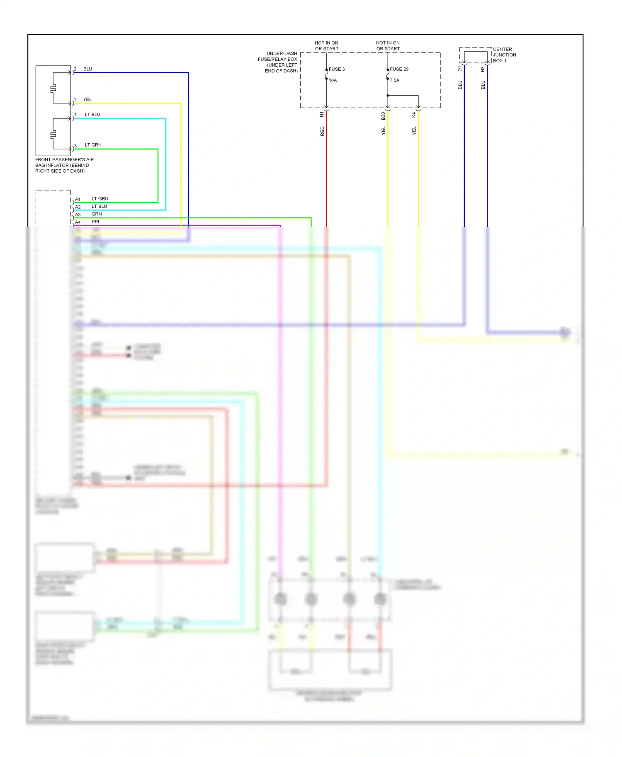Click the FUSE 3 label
[x=336, y=69]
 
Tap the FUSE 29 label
[x=399, y=69]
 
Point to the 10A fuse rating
[x=333, y=80]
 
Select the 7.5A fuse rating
[x=394, y=80]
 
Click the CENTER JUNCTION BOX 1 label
[x=504, y=55]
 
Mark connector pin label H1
[x=322, y=114]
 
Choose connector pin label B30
[x=383, y=116]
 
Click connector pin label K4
[x=414, y=115]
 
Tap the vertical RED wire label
[x=322, y=131]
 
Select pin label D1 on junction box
[x=460, y=69]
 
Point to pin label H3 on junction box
[x=483, y=69]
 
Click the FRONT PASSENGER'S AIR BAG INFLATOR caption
[x=64, y=165]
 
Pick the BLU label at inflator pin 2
[x=87, y=69]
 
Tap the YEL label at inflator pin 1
[x=87, y=99]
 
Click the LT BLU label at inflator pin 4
[x=92, y=114]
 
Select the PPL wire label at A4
[x=96, y=222]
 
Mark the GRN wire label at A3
[x=97, y=214]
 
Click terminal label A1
[x=78, y=199]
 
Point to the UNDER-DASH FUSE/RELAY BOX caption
[x=278, y=62]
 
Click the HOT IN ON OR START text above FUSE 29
[x=388, y=46]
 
